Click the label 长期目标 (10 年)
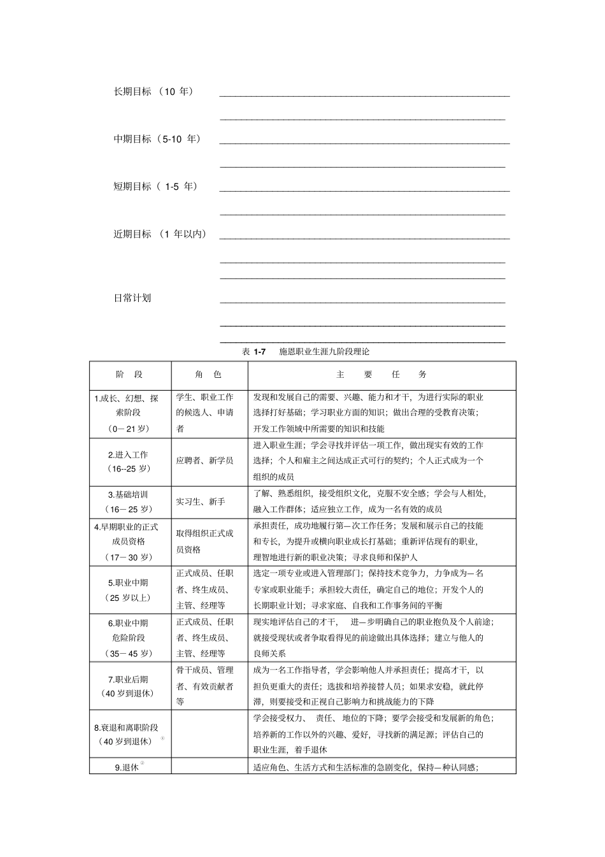pos(153,92)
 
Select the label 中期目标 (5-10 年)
pos(157,139)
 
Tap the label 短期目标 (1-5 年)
pos(155,187)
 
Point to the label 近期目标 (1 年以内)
pos(160,234)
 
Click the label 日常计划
pos(132,298)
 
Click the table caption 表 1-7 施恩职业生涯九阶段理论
pos(306,352)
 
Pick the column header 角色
pos(209,375)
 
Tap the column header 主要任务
pos(381,375)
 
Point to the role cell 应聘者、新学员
pos(204,461)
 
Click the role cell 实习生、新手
pos(201,502)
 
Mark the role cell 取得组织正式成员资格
pos(204,541)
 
